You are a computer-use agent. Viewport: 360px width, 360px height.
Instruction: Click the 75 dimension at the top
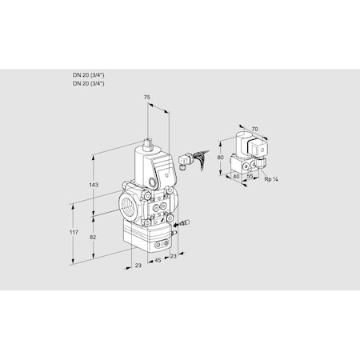[146, 97]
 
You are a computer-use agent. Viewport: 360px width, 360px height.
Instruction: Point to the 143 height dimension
[94, 185]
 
